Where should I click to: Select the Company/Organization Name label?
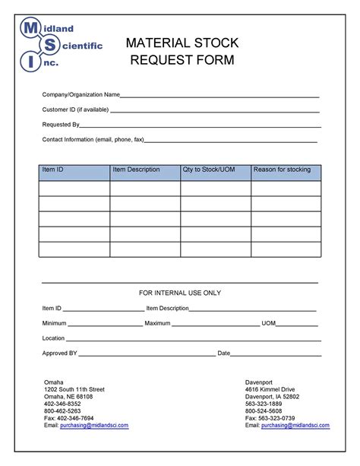tap(81, 95)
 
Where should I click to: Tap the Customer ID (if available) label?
tap(75, 109)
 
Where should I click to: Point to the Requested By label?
tap(61, 125)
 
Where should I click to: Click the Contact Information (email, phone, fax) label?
tap(93, 140)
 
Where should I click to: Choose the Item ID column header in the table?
tap(53, 170)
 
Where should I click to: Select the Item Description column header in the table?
tap(136, 170)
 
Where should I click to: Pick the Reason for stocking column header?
tap(282, 170)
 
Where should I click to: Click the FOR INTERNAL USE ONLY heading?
tap(180, 293)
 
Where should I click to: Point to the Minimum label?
tap(55, 323)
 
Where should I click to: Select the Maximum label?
tap(157, 323)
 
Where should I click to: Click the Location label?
tap(53, 338)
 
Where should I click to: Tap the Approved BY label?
tap(60, 353)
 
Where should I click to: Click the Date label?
tap(224, 353)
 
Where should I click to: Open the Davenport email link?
tap(295, 426)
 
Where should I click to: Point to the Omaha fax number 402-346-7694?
tap(68, 418)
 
